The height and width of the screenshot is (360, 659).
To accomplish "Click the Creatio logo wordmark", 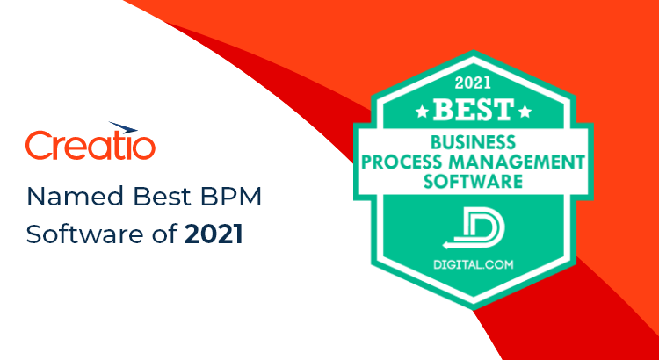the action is click(91, 146).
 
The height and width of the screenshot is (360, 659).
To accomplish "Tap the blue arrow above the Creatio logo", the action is click(123, 127).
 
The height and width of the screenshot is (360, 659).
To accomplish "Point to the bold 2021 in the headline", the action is click(214, 234).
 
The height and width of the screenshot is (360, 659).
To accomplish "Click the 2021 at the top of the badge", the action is click(474, 83).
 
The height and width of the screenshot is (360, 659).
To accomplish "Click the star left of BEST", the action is click(422, 112).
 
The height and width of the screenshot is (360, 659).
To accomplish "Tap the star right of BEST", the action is click(525, 112).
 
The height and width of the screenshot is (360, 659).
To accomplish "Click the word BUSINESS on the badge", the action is click(474, 142).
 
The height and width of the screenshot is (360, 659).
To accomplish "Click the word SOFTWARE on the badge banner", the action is click(473, 182).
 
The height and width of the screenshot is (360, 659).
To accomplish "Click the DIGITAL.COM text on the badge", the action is click(474, 264).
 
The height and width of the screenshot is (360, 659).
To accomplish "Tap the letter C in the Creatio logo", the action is click(39, 146).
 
